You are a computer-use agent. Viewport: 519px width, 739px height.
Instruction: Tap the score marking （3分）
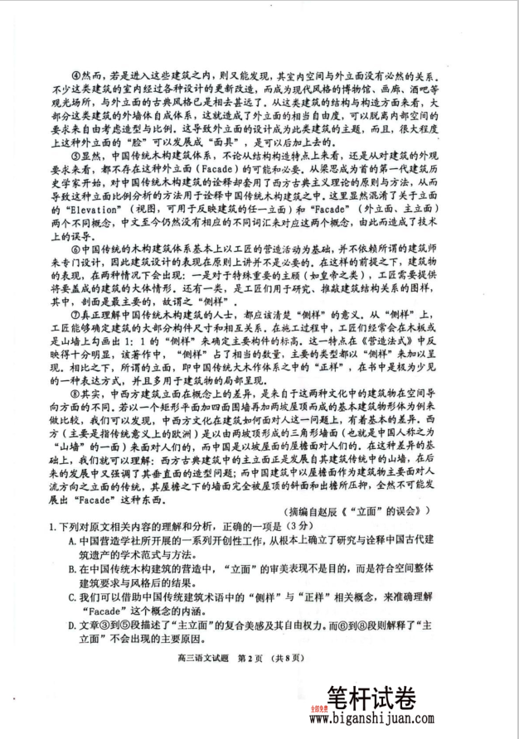(x=301, y=528)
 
